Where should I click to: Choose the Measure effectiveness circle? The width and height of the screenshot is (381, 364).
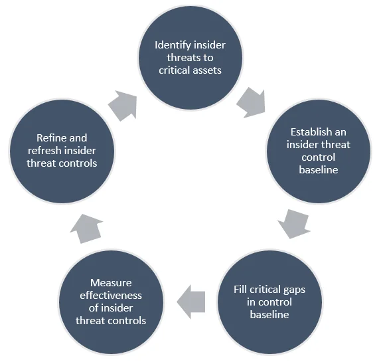click(110, 302)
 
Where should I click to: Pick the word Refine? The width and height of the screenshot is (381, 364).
click(52, 138)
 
